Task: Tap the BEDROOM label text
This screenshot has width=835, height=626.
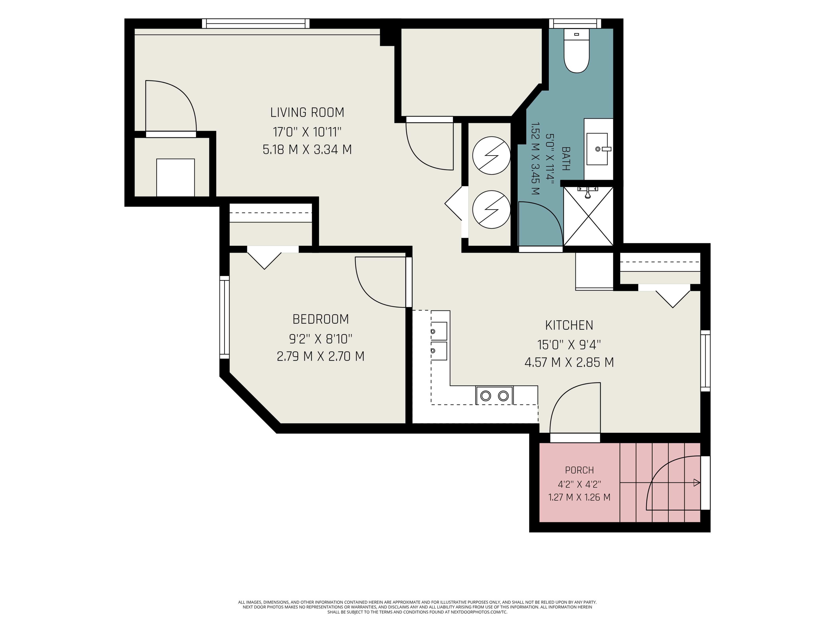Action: (321, 319)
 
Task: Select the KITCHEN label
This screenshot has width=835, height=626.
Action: (569, 325)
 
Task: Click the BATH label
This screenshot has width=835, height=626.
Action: (566, 158)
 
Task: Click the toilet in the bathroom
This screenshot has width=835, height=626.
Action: (576, 51)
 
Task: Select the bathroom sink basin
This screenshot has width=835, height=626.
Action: (597, 149)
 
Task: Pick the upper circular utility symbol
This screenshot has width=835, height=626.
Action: (491, 155)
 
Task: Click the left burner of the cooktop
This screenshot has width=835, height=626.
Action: (485, 396)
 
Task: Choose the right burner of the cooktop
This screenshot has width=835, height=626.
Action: (503, 396)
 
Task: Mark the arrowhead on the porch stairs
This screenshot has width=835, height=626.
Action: (697, 483)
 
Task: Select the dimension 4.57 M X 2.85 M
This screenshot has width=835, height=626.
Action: (569, 363)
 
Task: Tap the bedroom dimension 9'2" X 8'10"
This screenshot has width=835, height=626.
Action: (321, 339)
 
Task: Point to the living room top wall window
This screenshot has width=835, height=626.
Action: (256, 23)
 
